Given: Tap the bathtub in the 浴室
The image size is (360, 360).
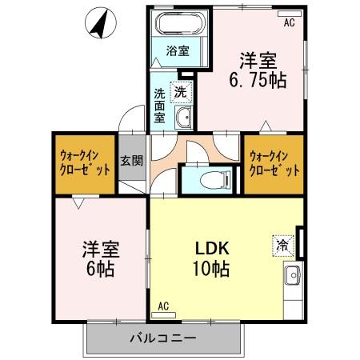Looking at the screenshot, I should click(177, 23).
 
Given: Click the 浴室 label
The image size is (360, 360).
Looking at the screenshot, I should click(177, 51).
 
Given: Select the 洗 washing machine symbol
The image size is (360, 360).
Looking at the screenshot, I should click(183, 92).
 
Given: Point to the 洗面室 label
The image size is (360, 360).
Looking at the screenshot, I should click(159, 105).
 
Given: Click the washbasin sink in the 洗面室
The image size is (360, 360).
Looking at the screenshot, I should click(184, 119).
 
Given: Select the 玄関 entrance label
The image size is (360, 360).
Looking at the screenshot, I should click(131, 160).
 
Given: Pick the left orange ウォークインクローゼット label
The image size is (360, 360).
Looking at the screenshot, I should click(84, 162).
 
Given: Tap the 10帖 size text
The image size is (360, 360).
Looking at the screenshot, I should click(210, 269).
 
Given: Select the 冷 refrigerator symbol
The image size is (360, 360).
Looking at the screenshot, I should click(283, 242).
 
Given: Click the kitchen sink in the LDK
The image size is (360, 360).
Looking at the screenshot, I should click(291, 278).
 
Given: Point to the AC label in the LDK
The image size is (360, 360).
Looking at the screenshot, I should click(163, 306).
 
